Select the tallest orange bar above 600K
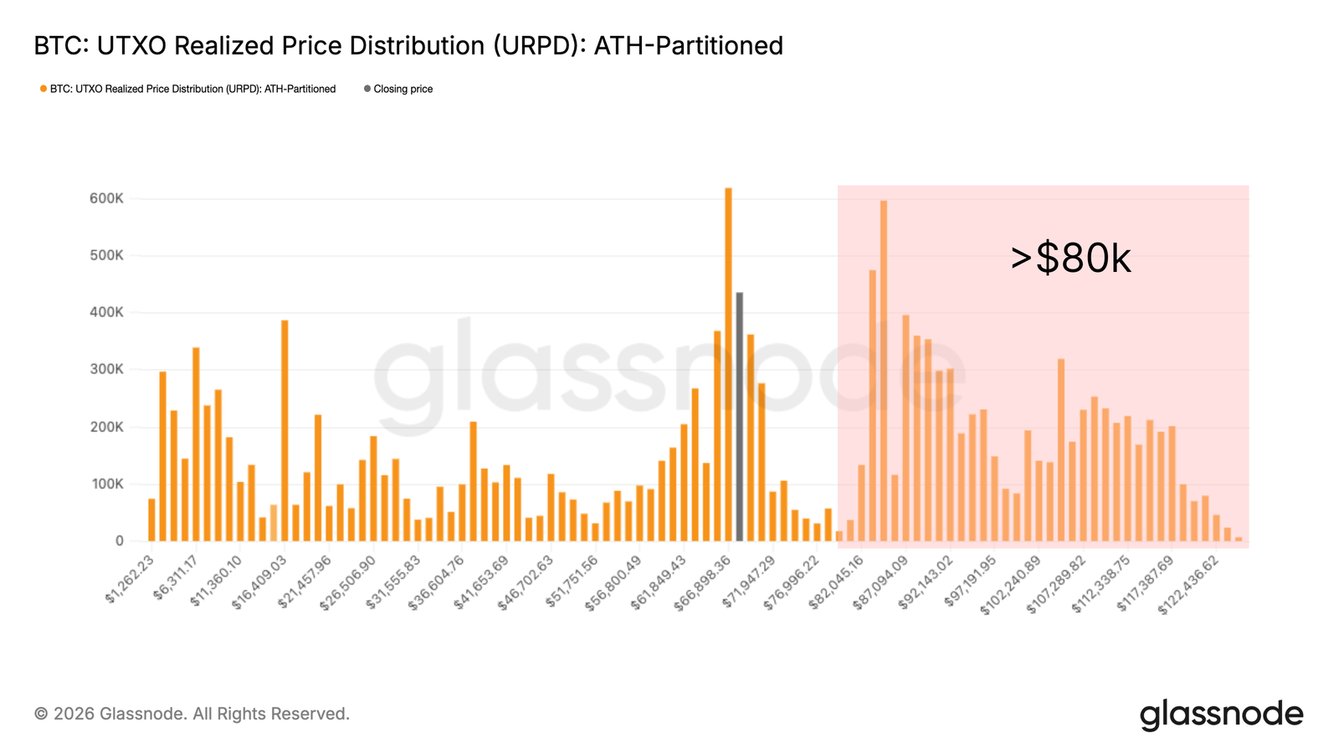tap(728, 364)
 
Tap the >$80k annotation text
tap(1070, 259)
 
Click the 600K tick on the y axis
tap(106, 199)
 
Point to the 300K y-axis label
tap(106, 370)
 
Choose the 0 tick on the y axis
tap(119, 541)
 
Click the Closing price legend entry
tap(403, 89)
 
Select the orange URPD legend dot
tap(44, 89)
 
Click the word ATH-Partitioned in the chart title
tap(688, 45)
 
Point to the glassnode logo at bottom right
tap(1221, 715)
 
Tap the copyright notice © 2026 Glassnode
tap(192, 714)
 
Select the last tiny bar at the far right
tap(1239, 539)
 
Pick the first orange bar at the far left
tap(151, 520)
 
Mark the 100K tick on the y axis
tap(106, 484)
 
